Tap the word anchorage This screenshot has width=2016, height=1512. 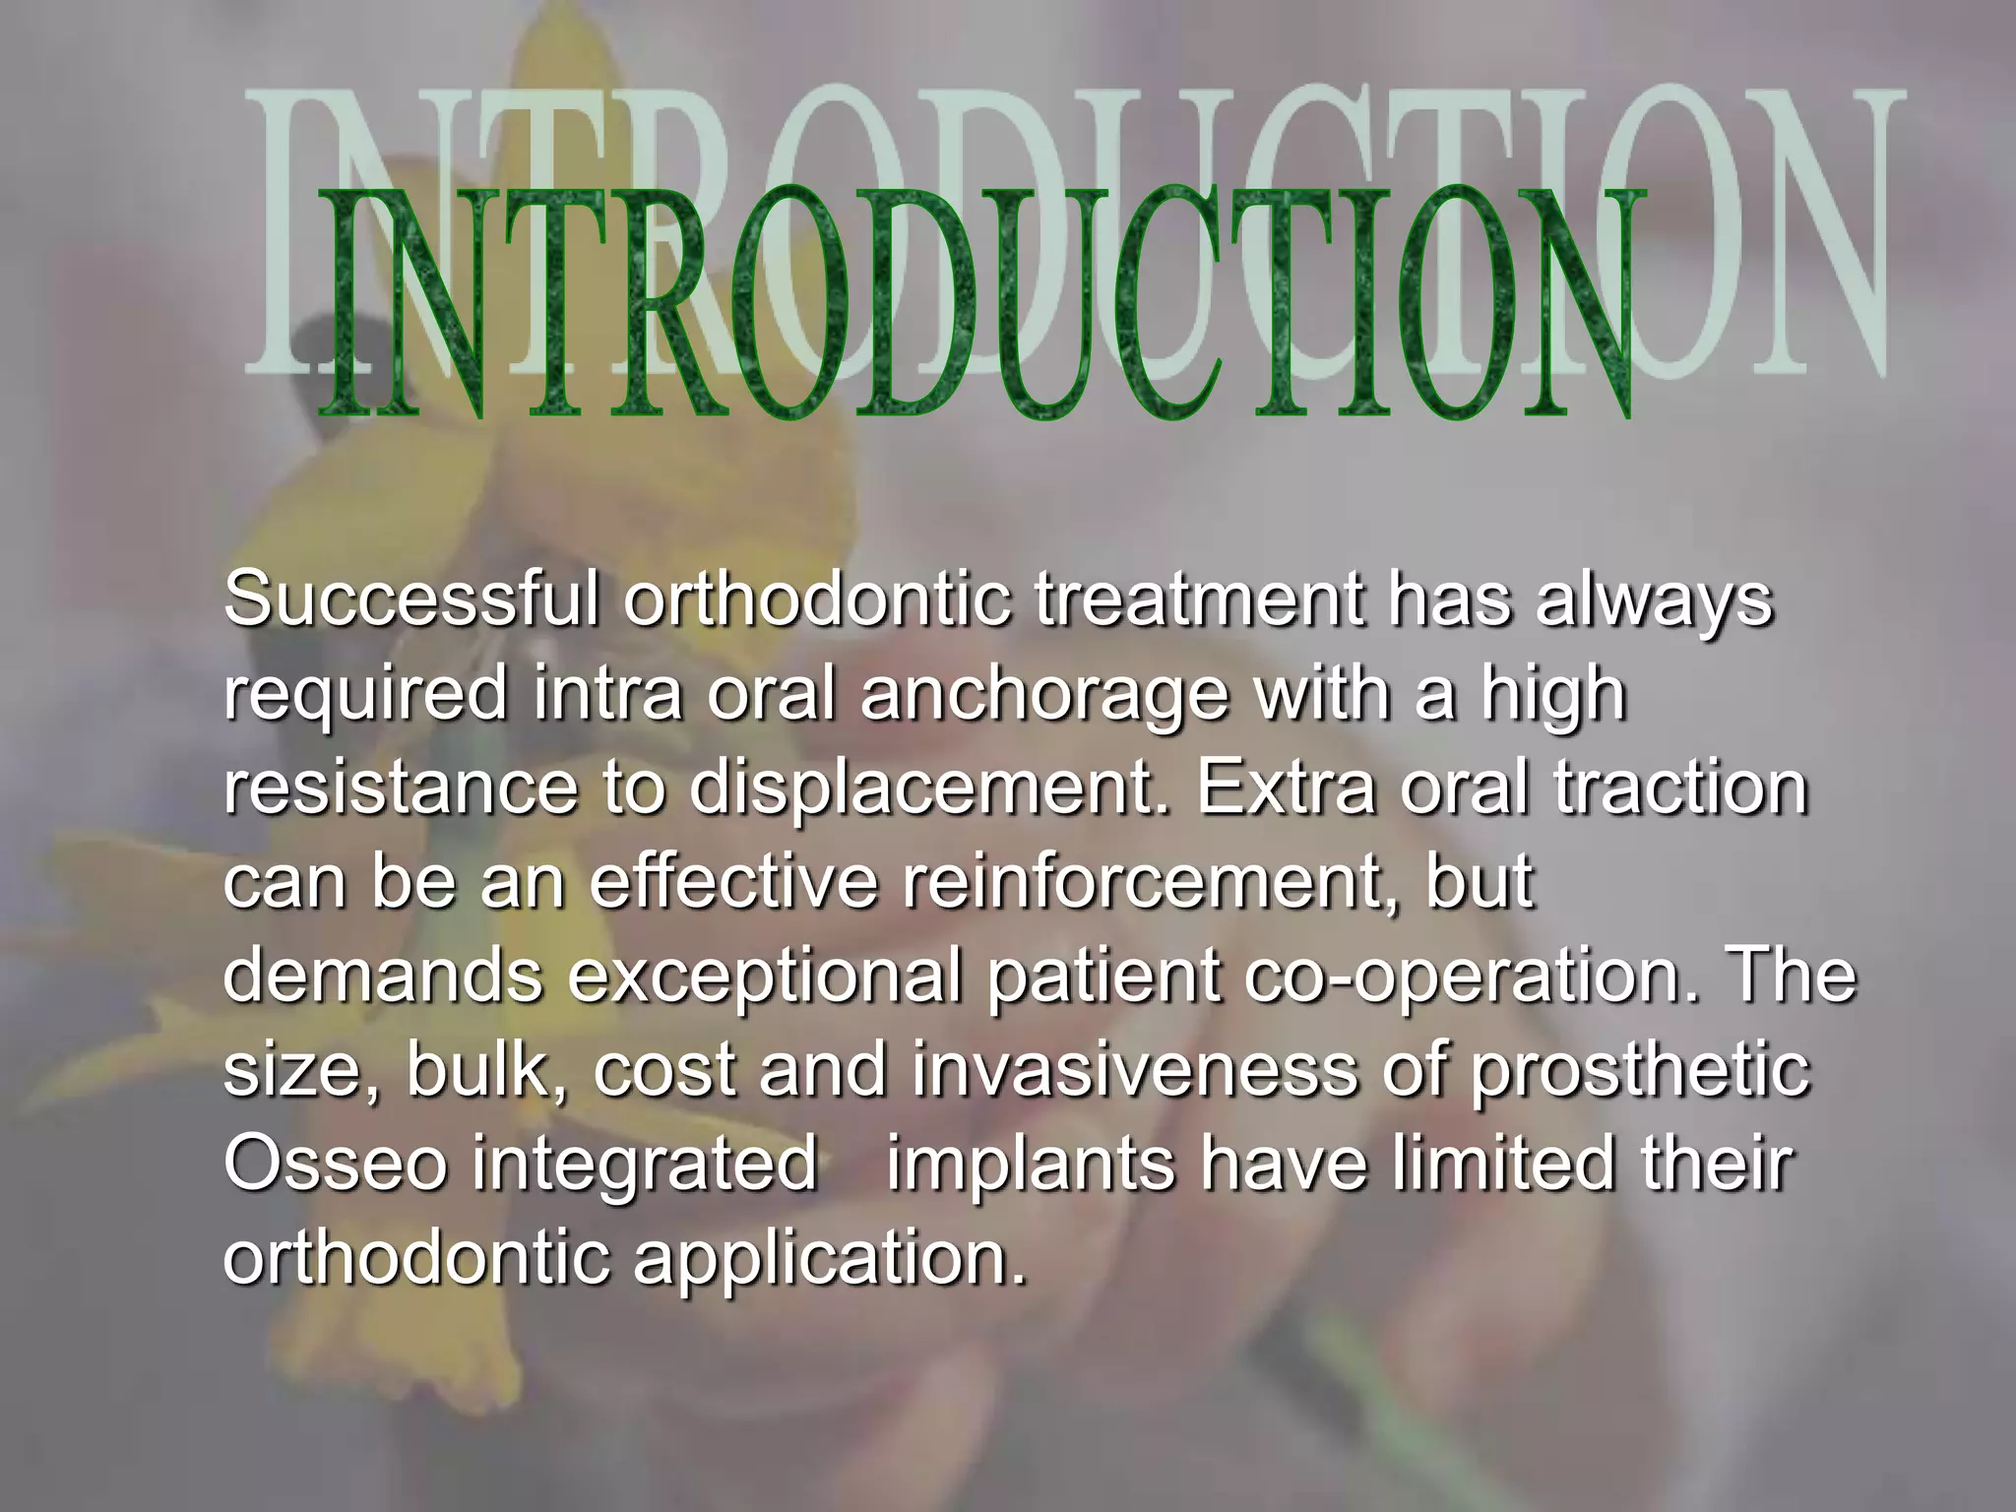click(x=1044, y=693)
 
